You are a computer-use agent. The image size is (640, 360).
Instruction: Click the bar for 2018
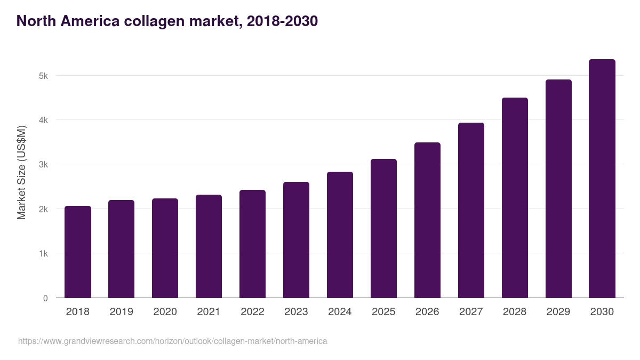point(78,252)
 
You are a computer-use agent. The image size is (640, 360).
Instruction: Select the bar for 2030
point(602,179)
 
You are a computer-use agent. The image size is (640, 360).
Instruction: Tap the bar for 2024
point(340,235)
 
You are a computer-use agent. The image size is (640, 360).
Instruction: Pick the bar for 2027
point(471,210)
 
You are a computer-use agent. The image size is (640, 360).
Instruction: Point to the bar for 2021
point(209,246)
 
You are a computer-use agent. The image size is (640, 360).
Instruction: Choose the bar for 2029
point(558,189)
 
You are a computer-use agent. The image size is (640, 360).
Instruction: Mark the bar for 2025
point(383,228)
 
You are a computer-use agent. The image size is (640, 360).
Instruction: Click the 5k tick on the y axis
point(43,76)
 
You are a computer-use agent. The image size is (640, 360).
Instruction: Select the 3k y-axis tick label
point(43,165)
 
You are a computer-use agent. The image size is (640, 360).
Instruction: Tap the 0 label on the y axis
point(45,298)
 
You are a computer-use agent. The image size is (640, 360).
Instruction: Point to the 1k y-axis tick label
point(43,254)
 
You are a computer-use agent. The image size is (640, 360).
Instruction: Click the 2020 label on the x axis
point(165,312)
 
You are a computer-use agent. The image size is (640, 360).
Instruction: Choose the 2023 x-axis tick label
point(296,312)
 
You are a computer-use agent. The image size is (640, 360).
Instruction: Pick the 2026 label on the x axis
point(427,312)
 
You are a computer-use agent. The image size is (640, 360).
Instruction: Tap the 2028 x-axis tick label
point(514,312)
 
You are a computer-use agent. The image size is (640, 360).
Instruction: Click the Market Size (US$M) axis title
point(21,172)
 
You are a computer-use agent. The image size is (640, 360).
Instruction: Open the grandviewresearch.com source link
point(172,341)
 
